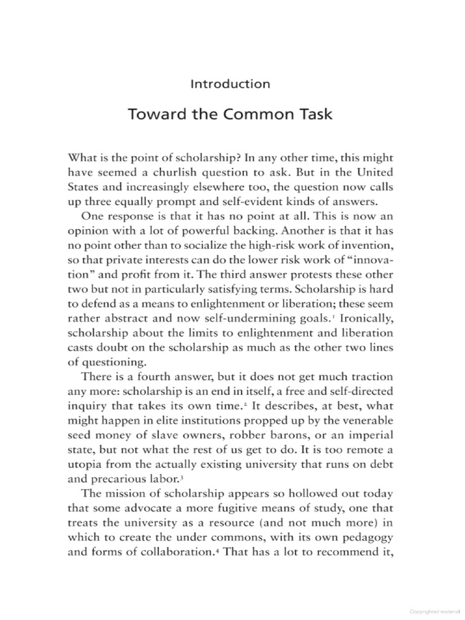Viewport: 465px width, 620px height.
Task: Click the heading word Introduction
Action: [229, 84]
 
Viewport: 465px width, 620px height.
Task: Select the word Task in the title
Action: [314, 114]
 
